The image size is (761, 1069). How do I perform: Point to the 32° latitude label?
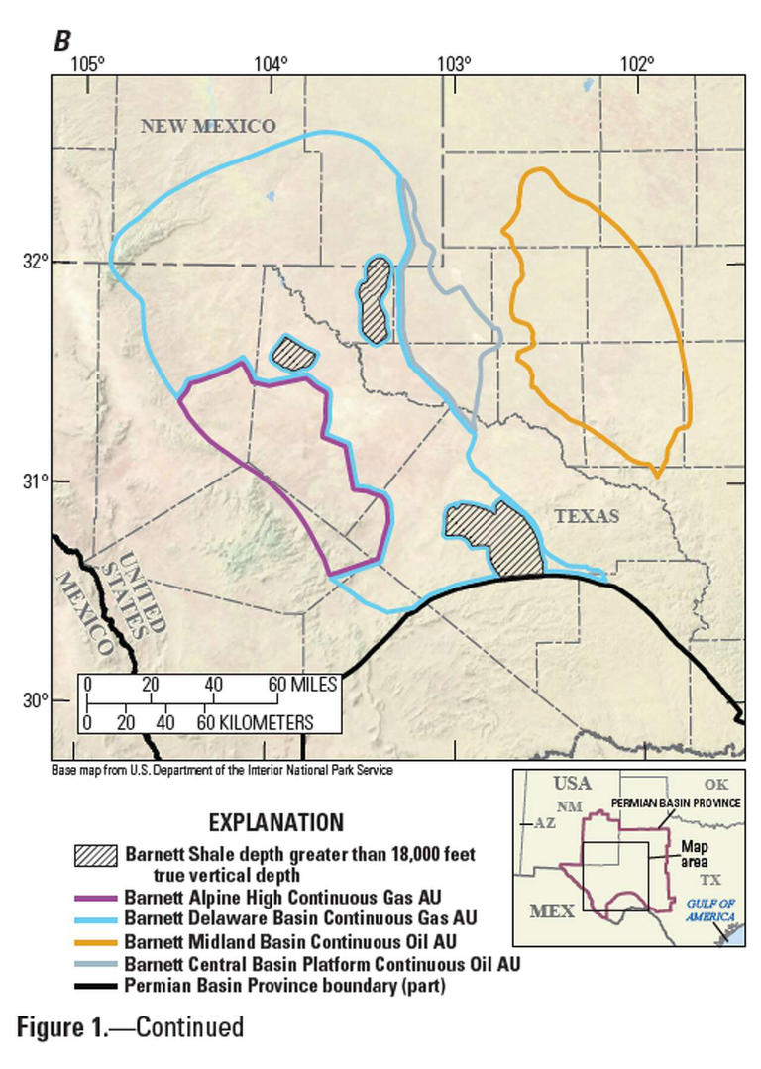point(36,262)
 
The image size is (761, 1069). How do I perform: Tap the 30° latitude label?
point(36,700)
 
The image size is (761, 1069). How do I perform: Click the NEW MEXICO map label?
point(207,125)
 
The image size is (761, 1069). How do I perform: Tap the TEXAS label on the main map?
point(587,516)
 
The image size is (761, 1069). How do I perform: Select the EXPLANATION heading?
point(276,822)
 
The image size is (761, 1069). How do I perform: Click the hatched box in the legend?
point(95,855)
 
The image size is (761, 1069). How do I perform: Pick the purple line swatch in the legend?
point(95,899)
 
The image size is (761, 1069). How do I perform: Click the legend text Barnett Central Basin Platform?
point(321,962)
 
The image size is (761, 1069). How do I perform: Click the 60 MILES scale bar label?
point(302,685)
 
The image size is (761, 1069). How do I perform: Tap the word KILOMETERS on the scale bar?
point(260,721)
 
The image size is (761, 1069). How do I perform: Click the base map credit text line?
point(227,769)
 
